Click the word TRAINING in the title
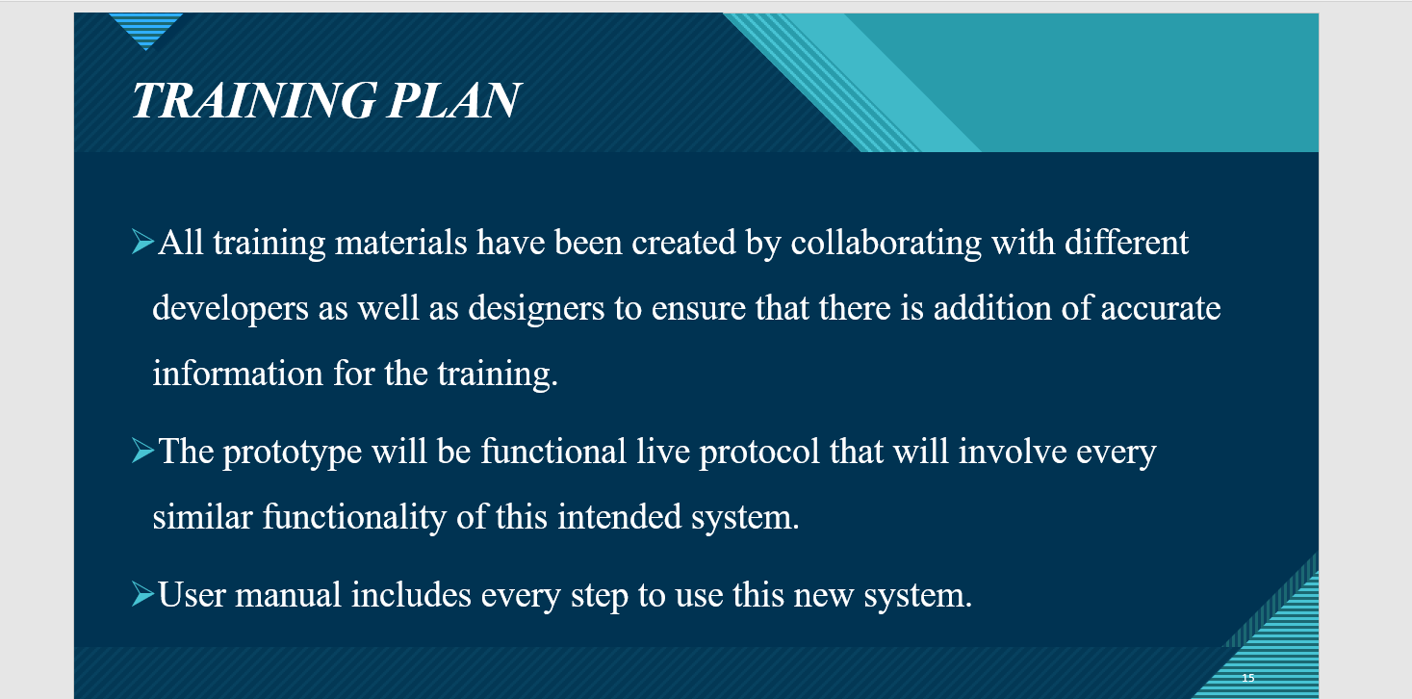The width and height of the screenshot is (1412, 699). click(253, 100)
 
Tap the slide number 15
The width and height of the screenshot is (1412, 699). click(1248, 678)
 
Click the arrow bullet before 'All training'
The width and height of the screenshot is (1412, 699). click(141, 242)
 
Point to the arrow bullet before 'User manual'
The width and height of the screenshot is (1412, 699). click(141, 594)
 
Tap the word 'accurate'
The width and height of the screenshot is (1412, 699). click(1160, 309)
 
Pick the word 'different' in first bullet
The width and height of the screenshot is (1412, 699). click(1126, 243)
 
